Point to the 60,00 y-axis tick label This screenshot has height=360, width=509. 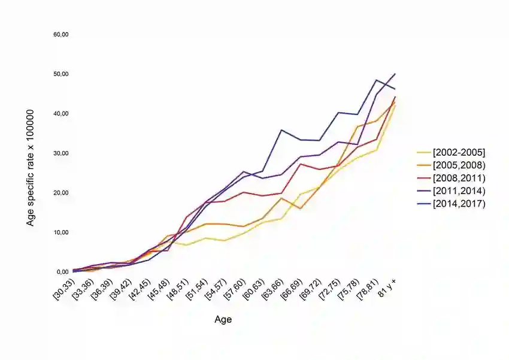(61, 35)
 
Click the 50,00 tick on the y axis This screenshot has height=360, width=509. (61, 74)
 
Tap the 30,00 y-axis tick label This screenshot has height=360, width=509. (61, 153)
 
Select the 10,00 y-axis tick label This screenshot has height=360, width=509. (61, 232)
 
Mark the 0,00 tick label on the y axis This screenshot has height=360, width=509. (62, 272)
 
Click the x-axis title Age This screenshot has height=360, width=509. (223, 320)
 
